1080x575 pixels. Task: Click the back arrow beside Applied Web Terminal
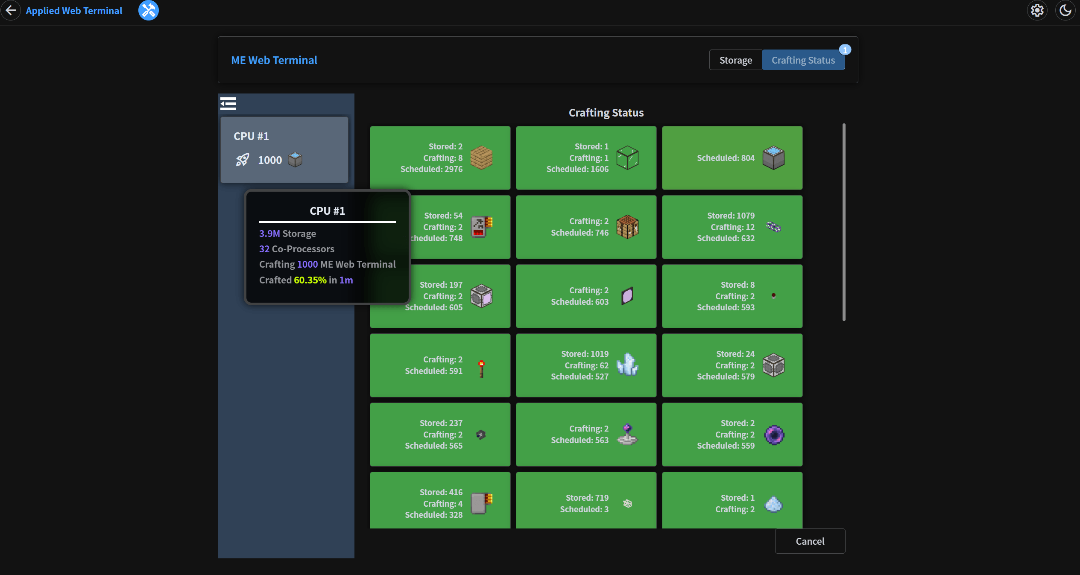11,10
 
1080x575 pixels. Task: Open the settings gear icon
1037,10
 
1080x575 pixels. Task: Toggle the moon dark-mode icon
1065,10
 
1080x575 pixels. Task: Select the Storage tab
735,60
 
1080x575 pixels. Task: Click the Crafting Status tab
803,60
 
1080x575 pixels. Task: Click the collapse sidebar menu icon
228,104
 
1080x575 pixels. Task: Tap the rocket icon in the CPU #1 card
243,160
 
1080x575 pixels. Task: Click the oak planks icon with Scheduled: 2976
481,158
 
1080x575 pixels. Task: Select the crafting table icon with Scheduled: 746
627,227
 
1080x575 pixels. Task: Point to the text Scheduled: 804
726,158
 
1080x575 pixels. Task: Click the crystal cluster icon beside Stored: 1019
627,365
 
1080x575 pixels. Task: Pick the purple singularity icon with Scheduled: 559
774,435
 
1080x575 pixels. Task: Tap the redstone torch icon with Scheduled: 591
481,368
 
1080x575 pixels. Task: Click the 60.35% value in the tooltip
310,280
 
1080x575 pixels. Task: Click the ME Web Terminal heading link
274,60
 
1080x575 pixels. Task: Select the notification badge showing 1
845,50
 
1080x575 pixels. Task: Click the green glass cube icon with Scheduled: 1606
627,158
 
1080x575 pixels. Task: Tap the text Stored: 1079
731,216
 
